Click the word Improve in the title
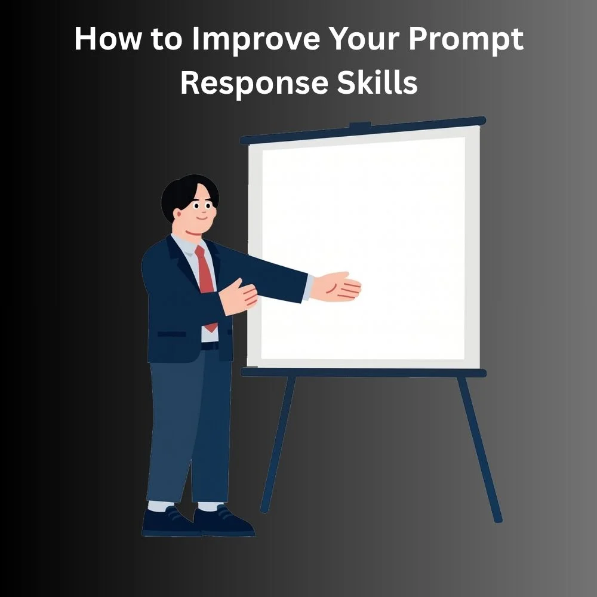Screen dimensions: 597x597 (x=256, y=40)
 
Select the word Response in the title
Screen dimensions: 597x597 (x=254, y=84)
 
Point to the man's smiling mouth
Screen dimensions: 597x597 (x=202, y=218)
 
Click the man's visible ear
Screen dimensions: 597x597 (x=177, y=214)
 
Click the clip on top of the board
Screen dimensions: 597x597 (x=360, y=125)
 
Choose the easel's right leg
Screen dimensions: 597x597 (x=480, y=450)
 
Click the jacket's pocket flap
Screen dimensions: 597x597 (x=172, y=334)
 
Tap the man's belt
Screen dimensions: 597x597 (x=210, y=346)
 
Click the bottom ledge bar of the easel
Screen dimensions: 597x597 (x=364, y=373)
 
